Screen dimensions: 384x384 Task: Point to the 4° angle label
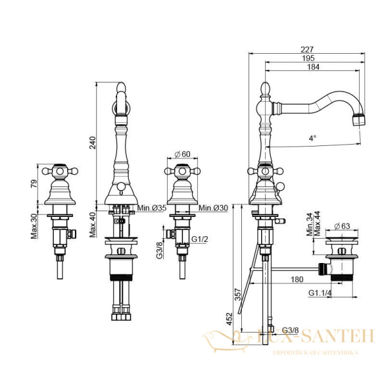tap(312, 138)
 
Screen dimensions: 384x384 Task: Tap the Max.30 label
tap(35, 225)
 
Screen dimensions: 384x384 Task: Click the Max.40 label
tap(93, 223)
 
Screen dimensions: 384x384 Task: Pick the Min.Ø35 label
tap(152, 208)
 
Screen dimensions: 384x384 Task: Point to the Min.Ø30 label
tap(213, 208)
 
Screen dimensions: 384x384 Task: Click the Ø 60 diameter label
tap(184, 154)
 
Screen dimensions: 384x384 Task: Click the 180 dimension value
tap(296, 278)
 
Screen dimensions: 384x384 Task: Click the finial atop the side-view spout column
tap(266, 86)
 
